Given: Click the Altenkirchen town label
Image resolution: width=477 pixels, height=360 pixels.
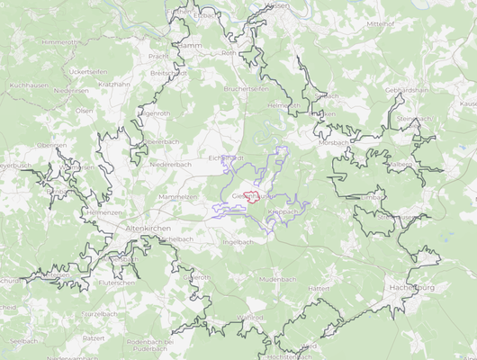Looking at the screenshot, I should coord(149,229).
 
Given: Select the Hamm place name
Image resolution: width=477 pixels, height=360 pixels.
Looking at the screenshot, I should coord(190,44).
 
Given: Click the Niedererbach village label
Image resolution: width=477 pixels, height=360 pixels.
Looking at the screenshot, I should coord(171,165).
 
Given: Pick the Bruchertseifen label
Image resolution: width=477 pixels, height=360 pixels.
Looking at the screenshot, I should coord(247,89).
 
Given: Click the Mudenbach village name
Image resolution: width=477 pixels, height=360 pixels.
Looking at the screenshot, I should coord(277,280).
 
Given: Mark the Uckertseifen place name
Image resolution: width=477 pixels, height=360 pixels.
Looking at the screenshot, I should coord(88,70).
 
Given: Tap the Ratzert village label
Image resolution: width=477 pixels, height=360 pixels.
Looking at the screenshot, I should coord(94,338).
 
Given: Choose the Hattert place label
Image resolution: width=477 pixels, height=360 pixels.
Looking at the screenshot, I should coord(319,288).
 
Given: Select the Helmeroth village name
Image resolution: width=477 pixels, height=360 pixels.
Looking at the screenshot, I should coord(283,105).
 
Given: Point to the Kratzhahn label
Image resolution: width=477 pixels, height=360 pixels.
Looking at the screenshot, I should coord(114,84).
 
